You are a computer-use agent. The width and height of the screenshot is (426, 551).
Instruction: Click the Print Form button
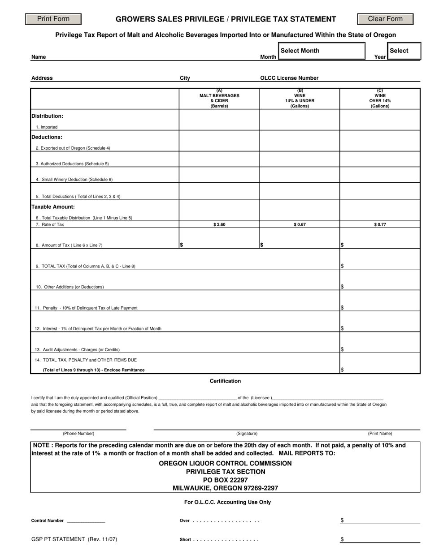click(x=53, y=19)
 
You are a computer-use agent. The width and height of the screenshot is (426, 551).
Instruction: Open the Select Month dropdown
click(x=322, y=51)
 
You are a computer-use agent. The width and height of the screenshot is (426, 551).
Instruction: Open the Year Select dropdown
click(x=404, y=51)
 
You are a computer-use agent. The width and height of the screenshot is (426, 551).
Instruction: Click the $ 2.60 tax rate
click(x=219, y=224)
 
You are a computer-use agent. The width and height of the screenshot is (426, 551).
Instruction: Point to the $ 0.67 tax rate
click(x=300, y=224)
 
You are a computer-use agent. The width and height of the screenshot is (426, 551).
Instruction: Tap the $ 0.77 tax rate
click(x=380, y=224)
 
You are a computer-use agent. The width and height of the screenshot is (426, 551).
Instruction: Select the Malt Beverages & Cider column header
click(x=219, y=99)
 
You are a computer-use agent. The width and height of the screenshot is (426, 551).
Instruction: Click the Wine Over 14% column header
click(x=380, y=99)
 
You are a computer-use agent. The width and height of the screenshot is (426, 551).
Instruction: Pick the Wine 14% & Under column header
click(x=300, y=99)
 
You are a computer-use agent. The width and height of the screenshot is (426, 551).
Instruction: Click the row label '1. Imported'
click(x=47, y=127)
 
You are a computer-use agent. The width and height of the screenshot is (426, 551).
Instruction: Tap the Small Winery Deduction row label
click(x=74, y=180)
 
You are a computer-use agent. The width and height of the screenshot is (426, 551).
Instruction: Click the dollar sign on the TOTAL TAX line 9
click(x=342, y=266)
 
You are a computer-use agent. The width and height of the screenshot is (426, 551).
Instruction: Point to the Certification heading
click(x=225, y=381)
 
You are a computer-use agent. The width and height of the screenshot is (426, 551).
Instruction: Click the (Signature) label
click(x=247, y=434)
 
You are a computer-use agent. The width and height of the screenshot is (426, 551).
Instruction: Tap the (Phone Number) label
click(x=78, y=434)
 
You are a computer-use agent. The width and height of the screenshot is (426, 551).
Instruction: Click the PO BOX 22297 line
click(x=225, y=480)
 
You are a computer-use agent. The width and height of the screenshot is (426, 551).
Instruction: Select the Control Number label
click(x=48, y=521)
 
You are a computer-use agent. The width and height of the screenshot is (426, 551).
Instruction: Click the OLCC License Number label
click(x=289, y=78)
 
